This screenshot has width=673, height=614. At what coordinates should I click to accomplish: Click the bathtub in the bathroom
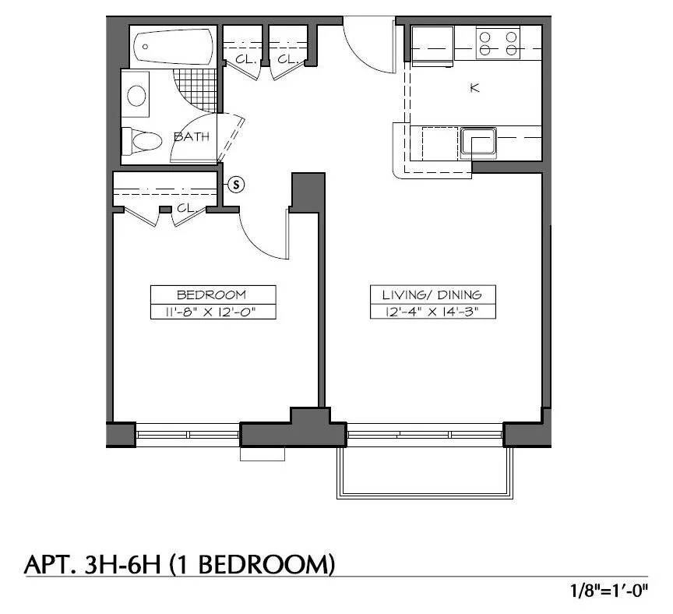pos(173,48)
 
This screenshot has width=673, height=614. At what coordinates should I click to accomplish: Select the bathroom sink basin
pos(136,96)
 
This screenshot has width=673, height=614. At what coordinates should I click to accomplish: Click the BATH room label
pos(192,137)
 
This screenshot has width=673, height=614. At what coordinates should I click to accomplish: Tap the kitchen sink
pos(478,143)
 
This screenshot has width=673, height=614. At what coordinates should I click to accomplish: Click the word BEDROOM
pos(211,295)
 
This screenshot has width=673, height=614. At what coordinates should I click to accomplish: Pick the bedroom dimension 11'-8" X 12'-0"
pos(211,312)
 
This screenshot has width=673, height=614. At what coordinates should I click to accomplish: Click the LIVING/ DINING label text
pos(432,295)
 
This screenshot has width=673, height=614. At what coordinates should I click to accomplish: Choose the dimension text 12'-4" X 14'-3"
pos(432,312)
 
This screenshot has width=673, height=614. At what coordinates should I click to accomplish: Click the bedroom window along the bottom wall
pos(188,434)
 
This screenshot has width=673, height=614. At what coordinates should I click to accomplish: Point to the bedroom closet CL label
pos(185,208)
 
